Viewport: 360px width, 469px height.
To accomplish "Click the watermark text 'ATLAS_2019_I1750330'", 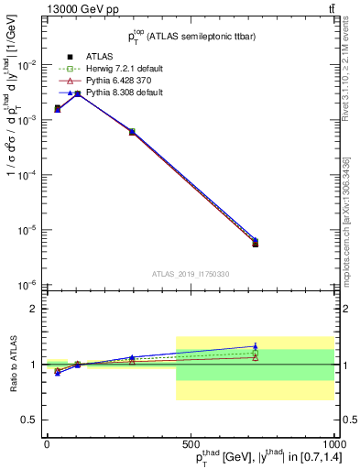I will tap(190, 274).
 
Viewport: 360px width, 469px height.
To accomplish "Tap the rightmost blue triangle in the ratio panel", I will tap(256, 346).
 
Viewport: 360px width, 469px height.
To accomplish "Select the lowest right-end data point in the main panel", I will tap(256, 245).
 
